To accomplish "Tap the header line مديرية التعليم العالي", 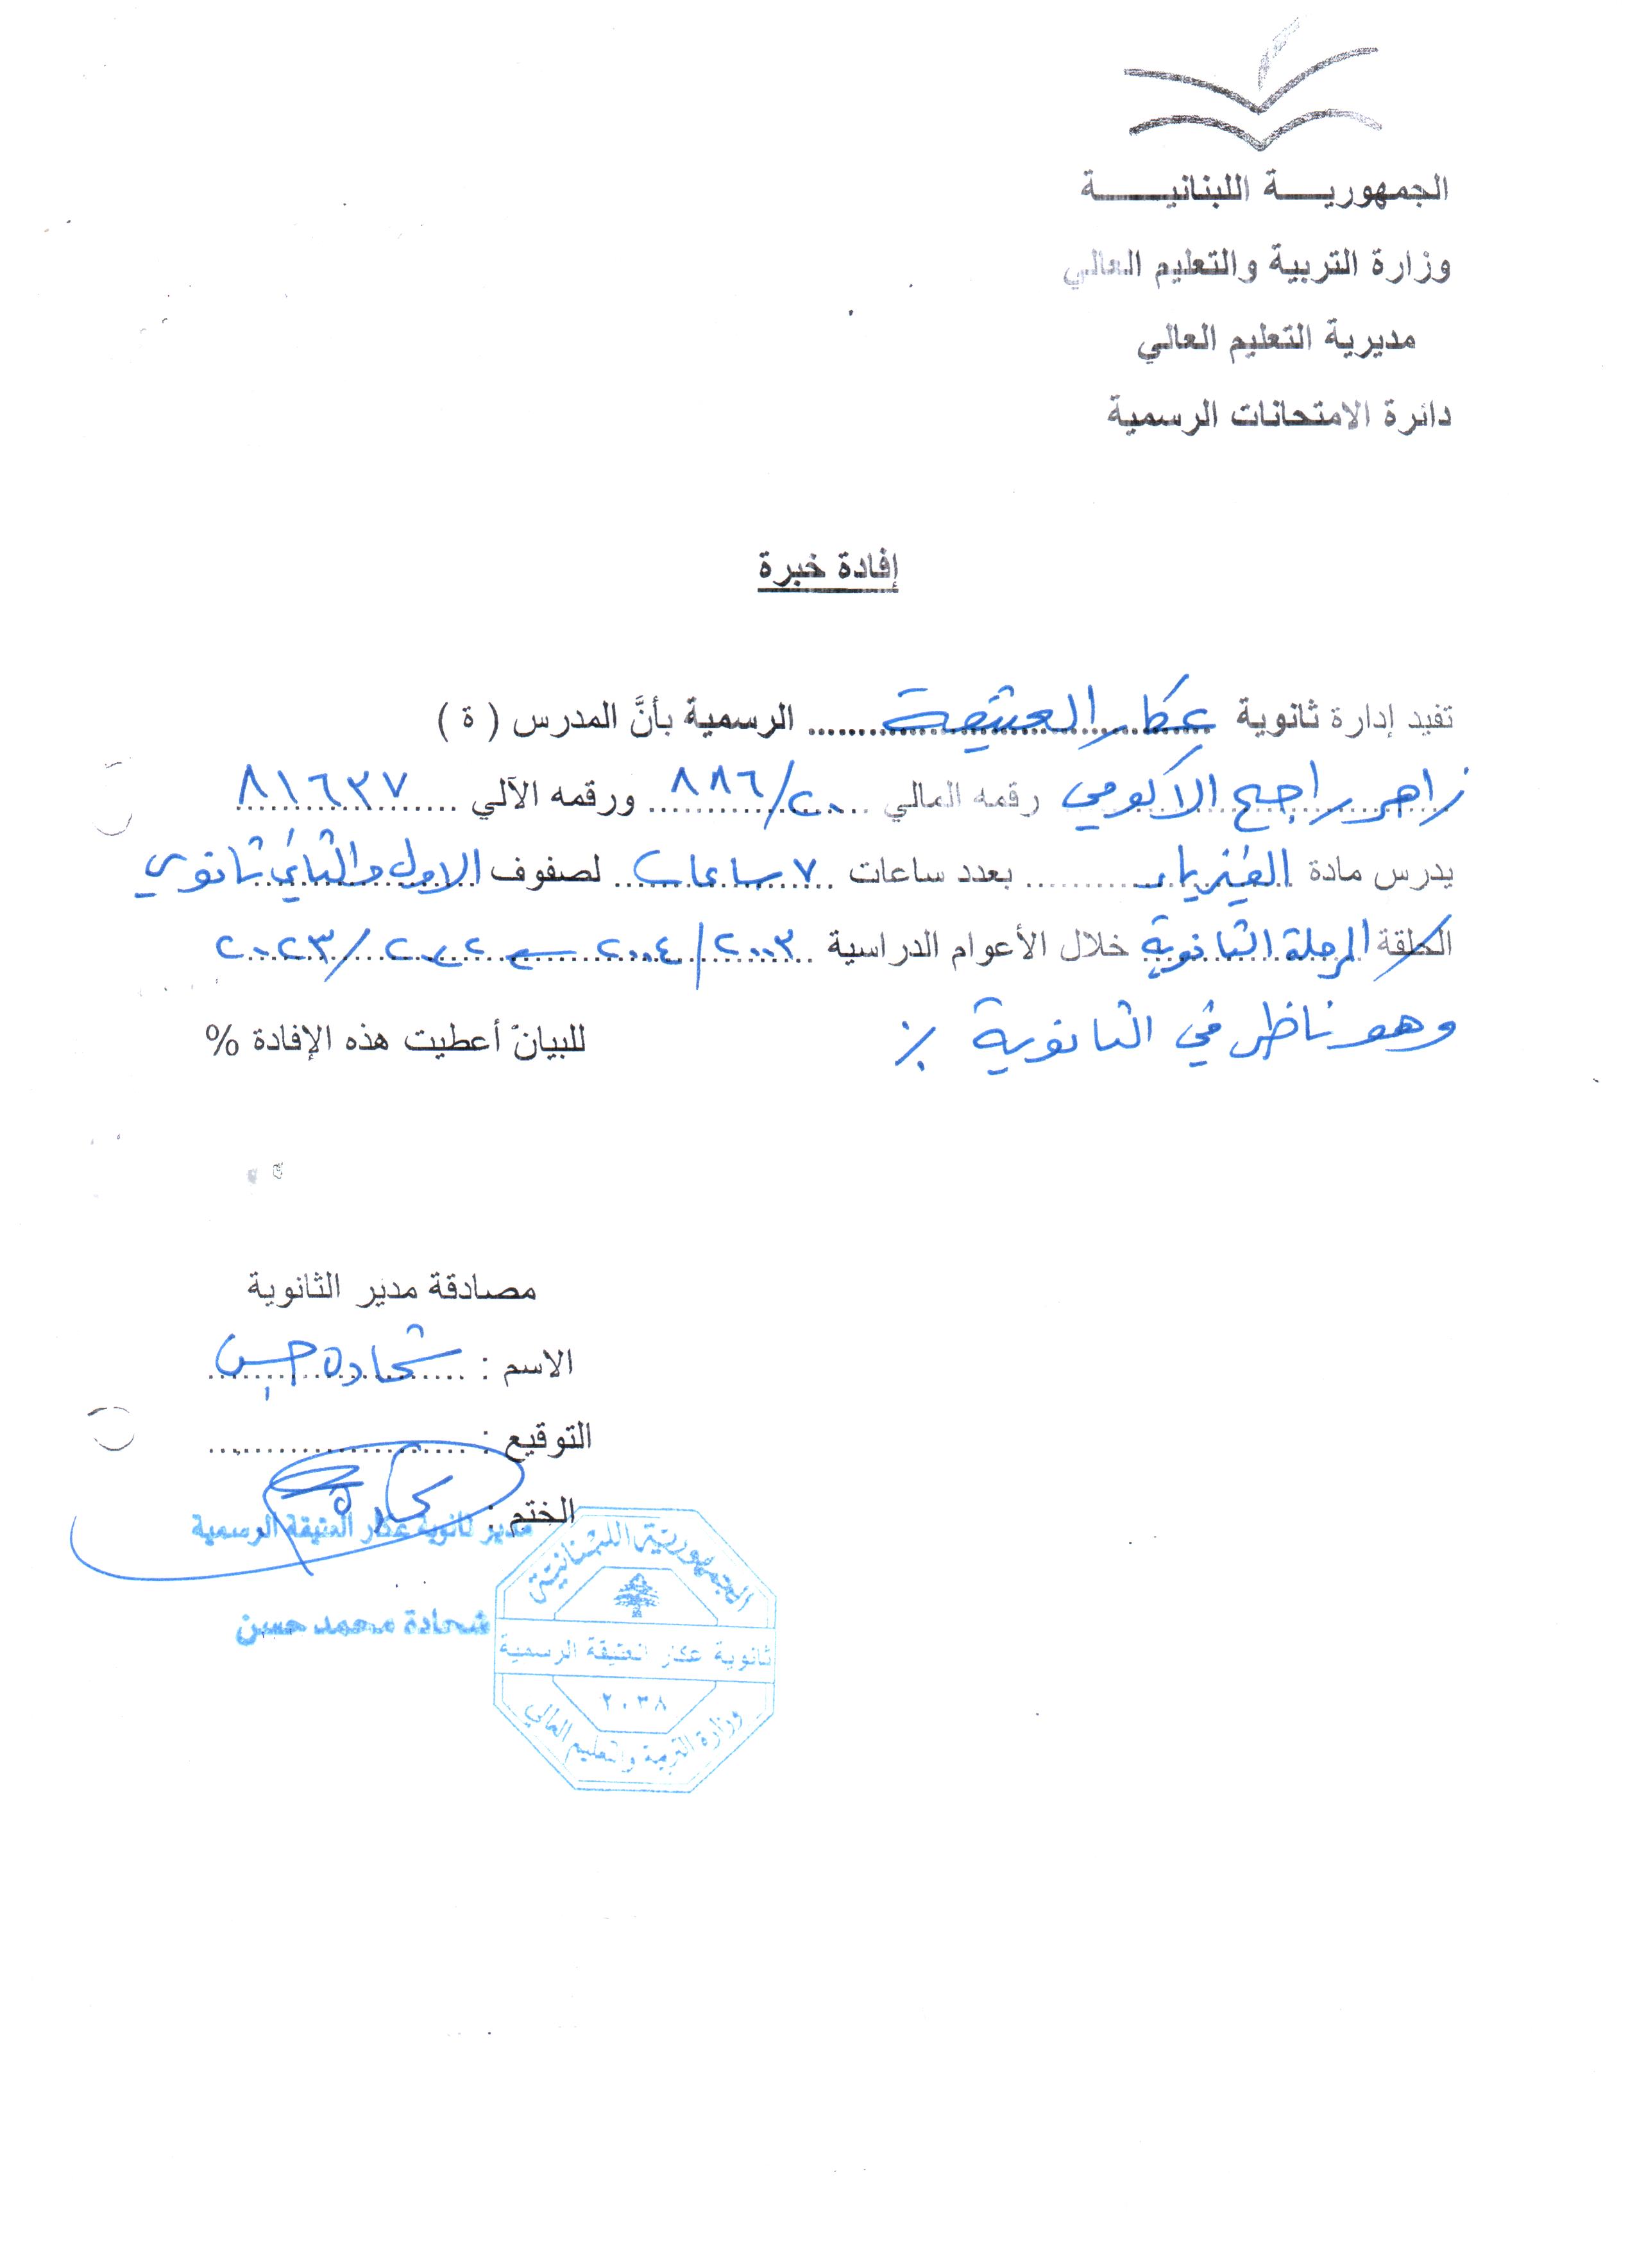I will (x=1276, y=341).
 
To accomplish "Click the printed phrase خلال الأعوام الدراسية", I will (x=978, y=944).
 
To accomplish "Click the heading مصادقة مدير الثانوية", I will (x=391, y=1289).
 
